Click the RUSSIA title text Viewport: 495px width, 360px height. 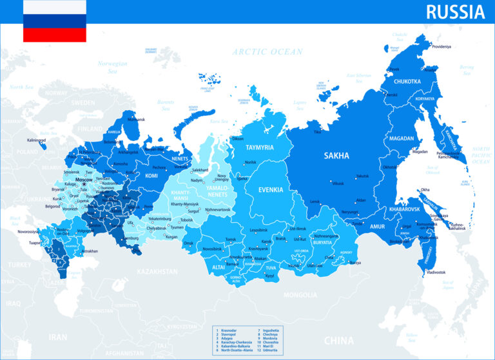(x=455, y=11)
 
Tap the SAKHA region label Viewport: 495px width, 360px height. (x=336, y=155)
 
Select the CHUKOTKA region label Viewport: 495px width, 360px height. (x=407, y=81)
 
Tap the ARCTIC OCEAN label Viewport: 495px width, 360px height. (x=267, y=52)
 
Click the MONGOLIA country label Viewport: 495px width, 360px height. (x=301, y=294)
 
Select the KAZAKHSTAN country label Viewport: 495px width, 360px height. (x=157, y=272)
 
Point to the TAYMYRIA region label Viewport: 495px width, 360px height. (x=260, y=147)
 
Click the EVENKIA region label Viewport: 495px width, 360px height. (x=271, y=190)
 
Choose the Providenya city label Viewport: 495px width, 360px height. (x=442, y=46)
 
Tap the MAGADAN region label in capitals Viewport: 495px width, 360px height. (x=402, y=138)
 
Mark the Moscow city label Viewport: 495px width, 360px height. (x=84, y=179)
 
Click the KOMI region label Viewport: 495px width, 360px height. (x=151, y=175)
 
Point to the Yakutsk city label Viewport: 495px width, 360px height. (x=363, y=176)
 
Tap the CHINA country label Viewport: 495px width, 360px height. (x=338, y=340)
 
